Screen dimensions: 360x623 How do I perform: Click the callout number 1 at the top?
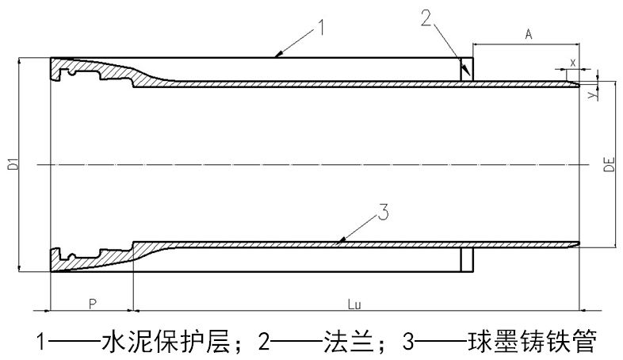[322, 29]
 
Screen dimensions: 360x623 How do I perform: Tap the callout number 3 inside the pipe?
[381, 213]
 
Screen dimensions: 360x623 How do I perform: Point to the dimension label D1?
[12, 166]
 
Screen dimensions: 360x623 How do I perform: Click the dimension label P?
[92, 304]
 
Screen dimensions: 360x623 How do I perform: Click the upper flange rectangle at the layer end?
[467, 69]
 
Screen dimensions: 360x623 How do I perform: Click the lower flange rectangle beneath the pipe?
[467, 259]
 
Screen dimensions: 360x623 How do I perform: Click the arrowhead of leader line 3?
[337, 239]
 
